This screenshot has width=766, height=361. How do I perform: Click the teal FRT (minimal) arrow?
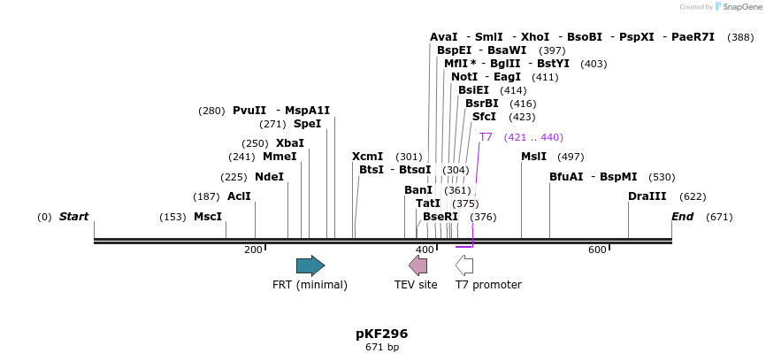[310, 265]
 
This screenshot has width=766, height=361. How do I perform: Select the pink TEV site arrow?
[417, 265]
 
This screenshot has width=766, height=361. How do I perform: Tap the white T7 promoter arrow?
[464, 265]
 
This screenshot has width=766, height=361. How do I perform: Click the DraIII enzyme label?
[647, 196]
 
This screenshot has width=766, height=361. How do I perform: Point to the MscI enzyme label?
[208, 217]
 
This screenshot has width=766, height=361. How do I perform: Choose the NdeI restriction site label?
[270, 177]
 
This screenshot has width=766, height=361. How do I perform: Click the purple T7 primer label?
[486, 137]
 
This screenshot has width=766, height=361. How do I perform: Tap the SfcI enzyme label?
[484, 117]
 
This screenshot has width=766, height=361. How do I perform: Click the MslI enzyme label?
[533, 157]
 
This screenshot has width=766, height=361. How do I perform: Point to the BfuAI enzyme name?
[566, 177]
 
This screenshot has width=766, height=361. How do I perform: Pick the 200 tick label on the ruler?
[254, 250]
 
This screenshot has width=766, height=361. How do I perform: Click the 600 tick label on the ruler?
[597, 250]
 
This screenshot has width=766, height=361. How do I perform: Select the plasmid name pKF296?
[382, 334]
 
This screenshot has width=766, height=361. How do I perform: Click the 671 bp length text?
[382, 348]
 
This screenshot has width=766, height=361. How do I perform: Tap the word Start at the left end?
[73, 217]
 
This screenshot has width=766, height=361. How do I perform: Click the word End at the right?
[682, 217]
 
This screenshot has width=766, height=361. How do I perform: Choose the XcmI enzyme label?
[367, 157]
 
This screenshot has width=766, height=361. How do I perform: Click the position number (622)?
[693, 196]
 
